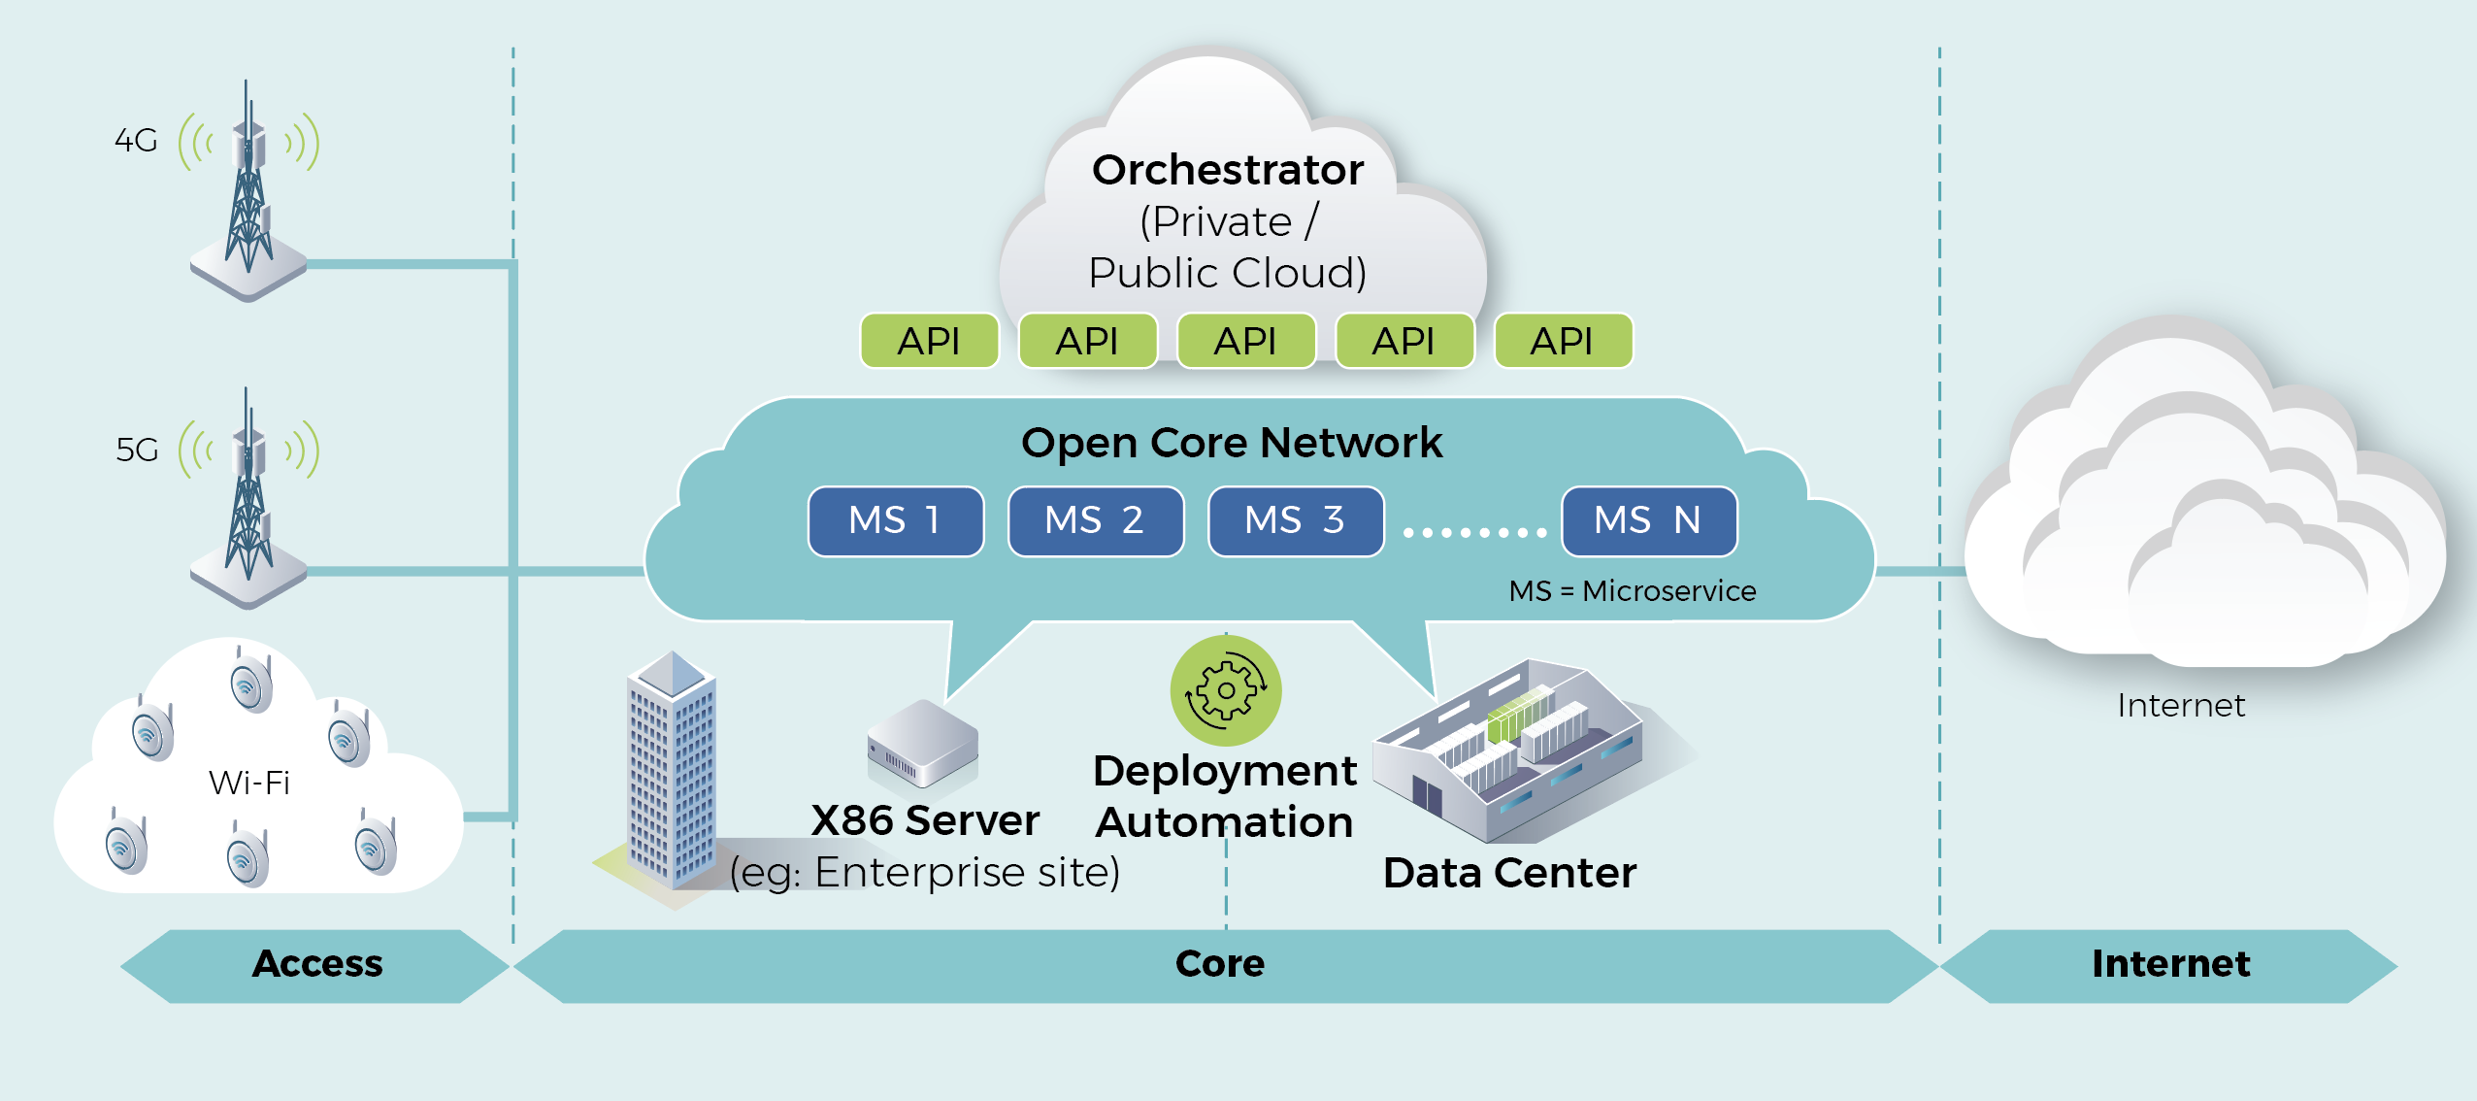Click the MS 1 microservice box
pyautogui.click(x=895, y=521)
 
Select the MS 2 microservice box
pyautogui.click(x=1095, y=521)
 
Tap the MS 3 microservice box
pyautogui.click(x=1295, y=521)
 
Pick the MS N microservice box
pyautogui.click(x=1648, y=521)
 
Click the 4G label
pyautogui.click(x=136, y=141)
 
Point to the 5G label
pyautogui.click(x=137, y=450)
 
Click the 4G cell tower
pyautogui.click(x=249, y=194)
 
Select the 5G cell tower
pyautogui.click(x=249, y=500)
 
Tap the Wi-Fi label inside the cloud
pyautogui.click(x=249, y=783)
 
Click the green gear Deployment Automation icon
pyautogui.click(x=1226, y=690)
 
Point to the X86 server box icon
pyautogui.click(x=922, y=743)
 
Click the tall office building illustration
pyautogui.click(x=671, y=772)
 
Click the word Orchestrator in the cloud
pyautogui.click(x=1228, y=170)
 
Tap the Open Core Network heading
pyautogui.click(x=1232, y=443)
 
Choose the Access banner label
pyautogui.click(x=317, y=964)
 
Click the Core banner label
pyautogui.click(x=1220, y=964)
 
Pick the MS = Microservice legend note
pyautogui.click(x=1632, y=590)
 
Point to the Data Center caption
pyautogui.click(x=1509, y=873)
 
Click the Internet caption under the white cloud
pyautogui.click(x=2181, y=706)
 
